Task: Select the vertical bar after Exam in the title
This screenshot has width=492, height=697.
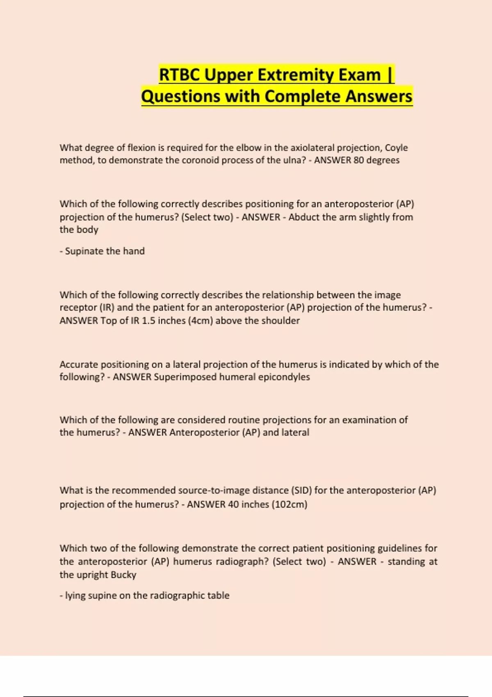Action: pyautogui.click(x=389, y=75)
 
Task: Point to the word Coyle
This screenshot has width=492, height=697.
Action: pyautogui.click(x=396, y=148)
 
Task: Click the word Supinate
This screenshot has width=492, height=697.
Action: pyautogui.click(x=84, y=251)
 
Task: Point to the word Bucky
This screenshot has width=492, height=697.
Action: pyautogui.click(x=123, y=575)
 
